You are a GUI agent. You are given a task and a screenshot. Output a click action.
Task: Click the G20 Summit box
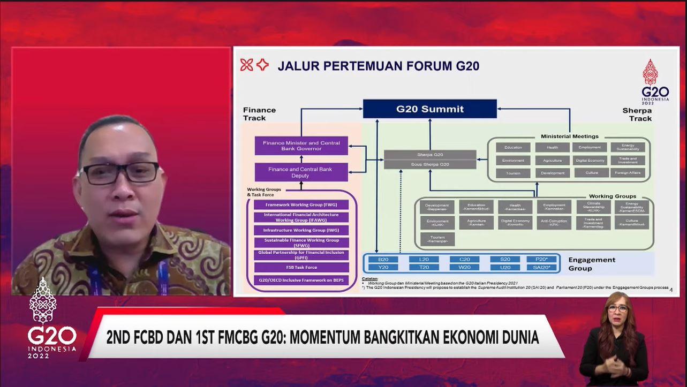(x=430, y=109)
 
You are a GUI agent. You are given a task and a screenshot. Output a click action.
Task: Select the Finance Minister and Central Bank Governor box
(x=301, y=146)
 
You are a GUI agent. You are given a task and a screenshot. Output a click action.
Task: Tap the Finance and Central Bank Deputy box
(x=301, y=172)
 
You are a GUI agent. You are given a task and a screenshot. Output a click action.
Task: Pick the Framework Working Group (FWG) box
(x=301, y=204)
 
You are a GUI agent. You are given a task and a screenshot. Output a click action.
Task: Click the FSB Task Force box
(x=301, y=267)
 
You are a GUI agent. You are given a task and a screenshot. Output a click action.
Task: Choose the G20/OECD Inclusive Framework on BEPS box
(x=301, y=280)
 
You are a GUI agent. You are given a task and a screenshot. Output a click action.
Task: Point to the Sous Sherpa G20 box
(x=430, y=164)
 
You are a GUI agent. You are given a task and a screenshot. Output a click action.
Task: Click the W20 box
(x=464, y=267)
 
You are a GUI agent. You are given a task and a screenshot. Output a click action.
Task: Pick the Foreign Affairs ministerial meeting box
(x=628, y=173)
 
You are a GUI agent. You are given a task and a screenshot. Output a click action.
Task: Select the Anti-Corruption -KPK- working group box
(x=554, y=223)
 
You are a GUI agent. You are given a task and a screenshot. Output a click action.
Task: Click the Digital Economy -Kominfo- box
(x=515, y=223)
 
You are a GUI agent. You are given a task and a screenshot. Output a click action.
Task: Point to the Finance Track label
(x=259, y=113)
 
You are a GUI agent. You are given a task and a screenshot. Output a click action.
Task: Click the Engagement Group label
(x=591, y=264)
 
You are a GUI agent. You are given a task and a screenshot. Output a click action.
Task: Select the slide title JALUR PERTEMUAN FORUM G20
(x=378, y=66)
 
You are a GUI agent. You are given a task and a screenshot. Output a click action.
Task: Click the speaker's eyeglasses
(x=119, y=173)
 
